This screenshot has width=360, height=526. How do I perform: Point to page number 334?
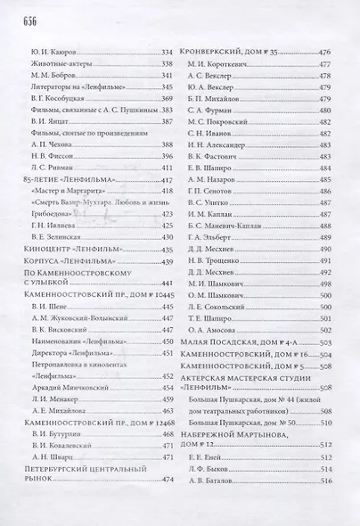click(166, 53)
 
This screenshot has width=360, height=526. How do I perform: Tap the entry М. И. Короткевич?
click(219, 64)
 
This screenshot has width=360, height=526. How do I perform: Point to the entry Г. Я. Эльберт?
click(214, 238)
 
